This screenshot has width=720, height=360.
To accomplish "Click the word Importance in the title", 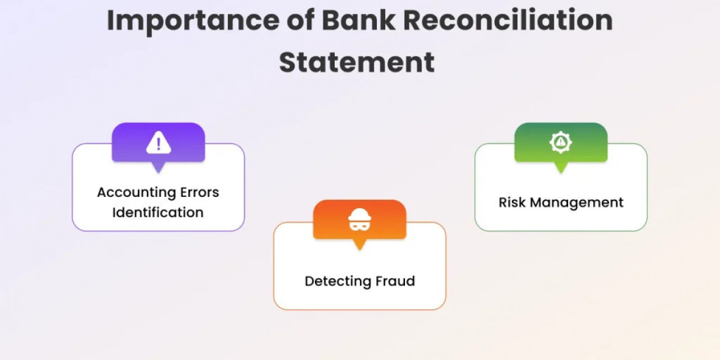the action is (x=193, y=21).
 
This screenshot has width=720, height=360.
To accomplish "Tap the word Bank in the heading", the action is (x=358, y=20).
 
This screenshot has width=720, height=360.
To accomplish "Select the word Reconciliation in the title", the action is (x=508, y=20).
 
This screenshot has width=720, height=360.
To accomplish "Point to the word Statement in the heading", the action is (x=357, y=62).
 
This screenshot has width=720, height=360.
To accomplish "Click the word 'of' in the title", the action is (x=301, y=20).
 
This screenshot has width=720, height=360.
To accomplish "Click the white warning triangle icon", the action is (x=158, y=142).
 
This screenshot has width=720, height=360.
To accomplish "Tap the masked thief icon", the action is (x=359, y=220).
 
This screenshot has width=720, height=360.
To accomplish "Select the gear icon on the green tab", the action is (x=560, y=142).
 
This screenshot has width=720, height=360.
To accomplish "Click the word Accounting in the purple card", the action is (x=136, y=193).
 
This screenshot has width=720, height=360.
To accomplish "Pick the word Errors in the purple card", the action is (x=200, y=192).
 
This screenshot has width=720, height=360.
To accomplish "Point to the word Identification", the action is (x=158, y=212).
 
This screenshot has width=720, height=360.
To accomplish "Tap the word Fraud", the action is (x=395, y=281).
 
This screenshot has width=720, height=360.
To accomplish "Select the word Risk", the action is (x=512, y=203).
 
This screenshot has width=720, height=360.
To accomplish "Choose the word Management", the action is (x=577, y=203).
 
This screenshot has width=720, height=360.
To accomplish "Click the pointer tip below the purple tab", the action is (x=158, y=173).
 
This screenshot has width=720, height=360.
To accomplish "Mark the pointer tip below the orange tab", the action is (x=359, y=250).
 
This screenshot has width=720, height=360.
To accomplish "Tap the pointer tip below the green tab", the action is (x=561, y=173).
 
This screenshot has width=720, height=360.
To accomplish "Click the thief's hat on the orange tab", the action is (x=359, y=214).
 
